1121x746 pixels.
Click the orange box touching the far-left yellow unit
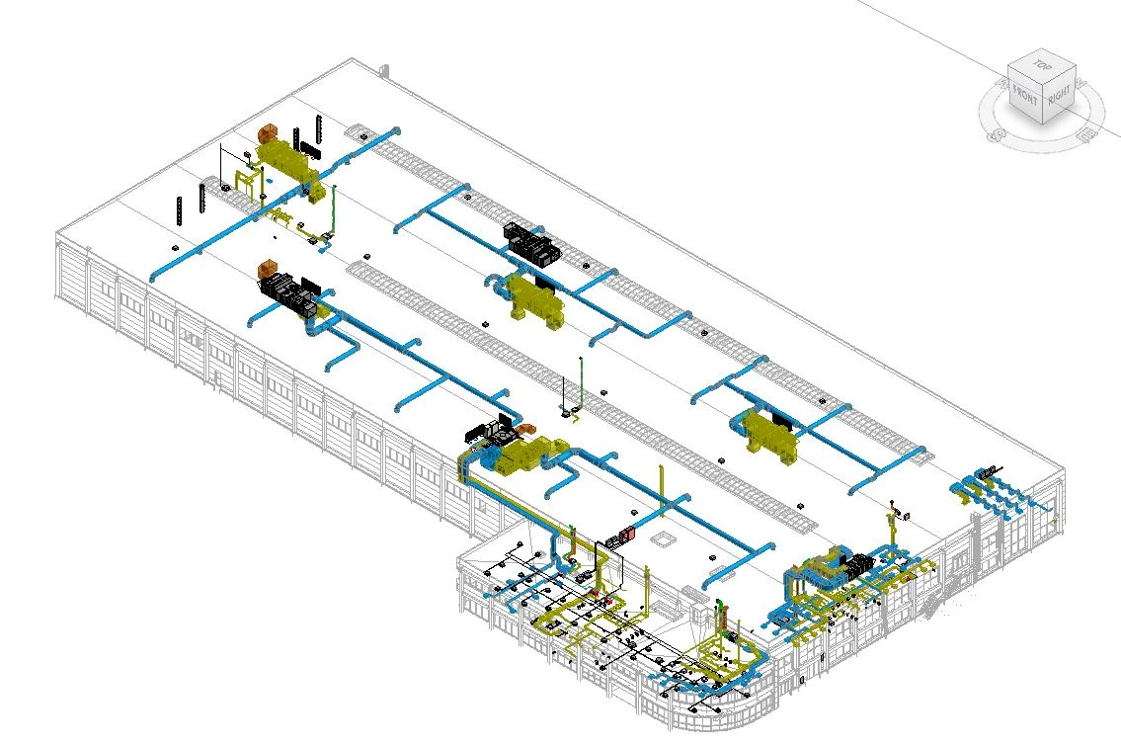[x=268, y=133]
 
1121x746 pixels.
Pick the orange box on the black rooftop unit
[x=268, y=270]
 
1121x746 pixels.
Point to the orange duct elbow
[x=525, y=429]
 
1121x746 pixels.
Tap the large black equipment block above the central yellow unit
[x=532, y=242]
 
